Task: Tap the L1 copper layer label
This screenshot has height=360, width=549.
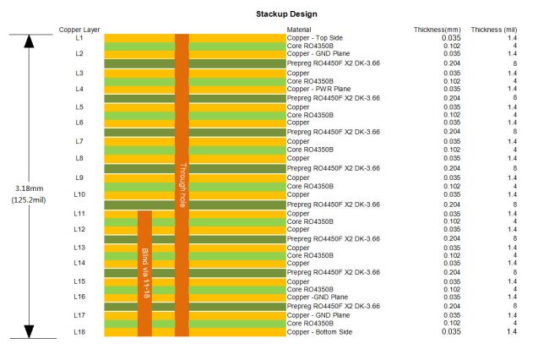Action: pos(79,38)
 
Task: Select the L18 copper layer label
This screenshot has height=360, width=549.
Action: pos(79,332)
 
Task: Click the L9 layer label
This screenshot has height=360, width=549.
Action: pos(79,177)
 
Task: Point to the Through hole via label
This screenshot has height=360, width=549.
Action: pos(182,186)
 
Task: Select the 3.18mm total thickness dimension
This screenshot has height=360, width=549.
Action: pos(30,188)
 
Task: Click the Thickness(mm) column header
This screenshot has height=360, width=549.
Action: pos(436,30)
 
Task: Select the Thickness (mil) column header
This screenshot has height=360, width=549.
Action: pos(511,30)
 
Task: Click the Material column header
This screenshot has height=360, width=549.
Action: pos(300,30)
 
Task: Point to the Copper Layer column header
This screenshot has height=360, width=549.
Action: pos(79,30)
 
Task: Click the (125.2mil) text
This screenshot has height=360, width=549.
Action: pos(30,200)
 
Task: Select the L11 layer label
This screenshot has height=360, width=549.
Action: pos(79,214)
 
